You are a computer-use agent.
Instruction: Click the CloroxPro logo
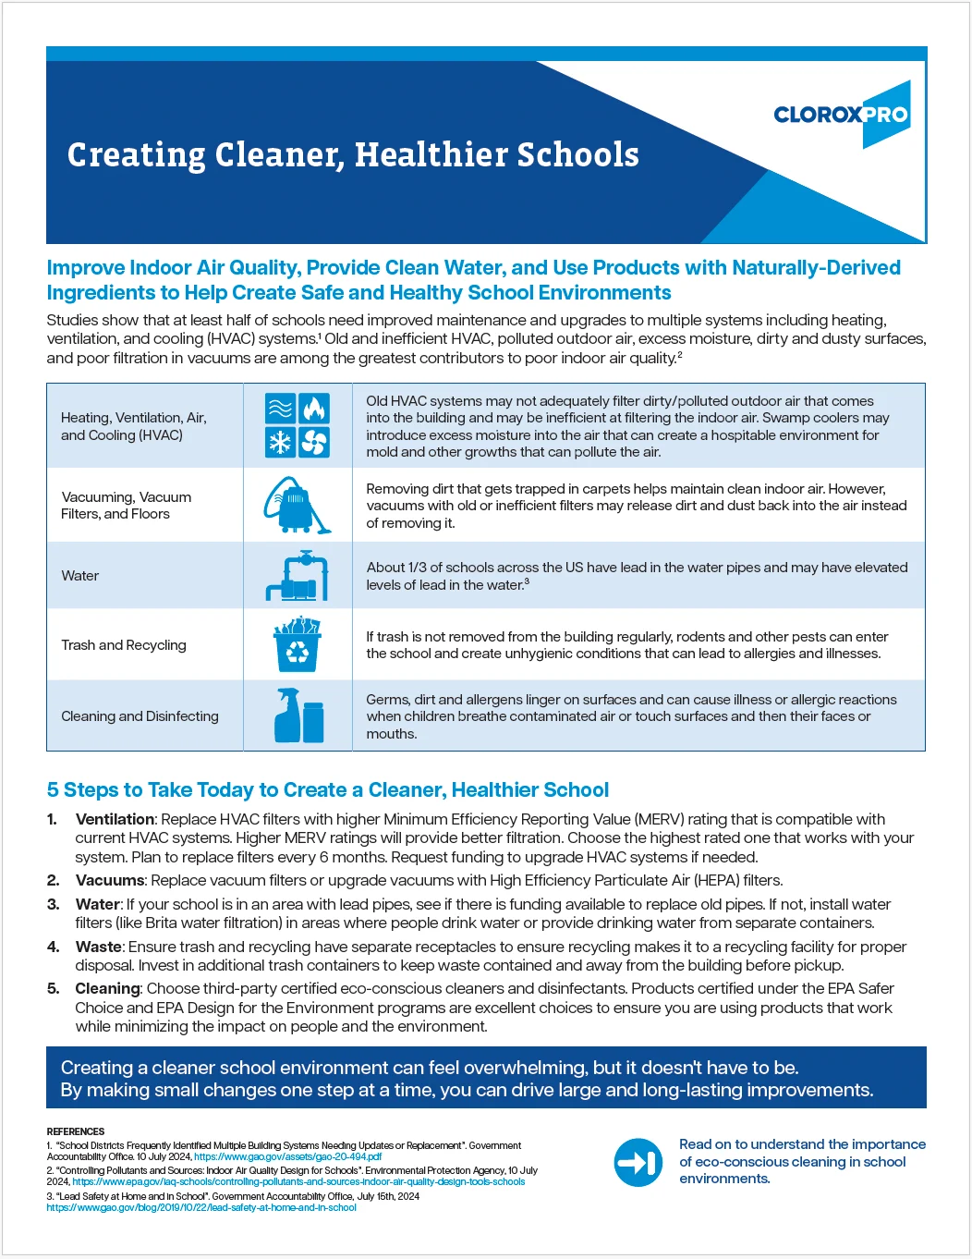(842, 115)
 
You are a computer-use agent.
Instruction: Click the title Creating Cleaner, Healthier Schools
(353, 154)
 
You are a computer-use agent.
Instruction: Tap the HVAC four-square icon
(297, 425)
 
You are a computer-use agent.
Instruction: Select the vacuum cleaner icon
(297, 505)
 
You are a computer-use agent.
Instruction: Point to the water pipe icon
(297, 575)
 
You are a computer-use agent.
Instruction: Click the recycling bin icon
(297, 644)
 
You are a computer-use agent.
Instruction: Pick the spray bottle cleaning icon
(298, 715)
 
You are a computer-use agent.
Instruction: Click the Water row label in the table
(80, 576)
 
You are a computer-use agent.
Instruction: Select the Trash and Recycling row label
(124, 645)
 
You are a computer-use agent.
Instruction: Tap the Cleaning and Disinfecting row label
(140, 716)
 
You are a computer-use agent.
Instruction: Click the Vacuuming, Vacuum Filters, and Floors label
(126, 506)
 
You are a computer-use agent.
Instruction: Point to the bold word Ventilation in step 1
(115, 819)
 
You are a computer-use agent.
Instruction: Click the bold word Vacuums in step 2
(110, 880)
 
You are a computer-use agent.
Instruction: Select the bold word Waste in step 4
(98, 947)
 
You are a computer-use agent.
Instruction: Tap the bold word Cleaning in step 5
(107, 988)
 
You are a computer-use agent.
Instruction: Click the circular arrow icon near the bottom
(638, 1162)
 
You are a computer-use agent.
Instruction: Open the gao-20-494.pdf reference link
(287, 1156)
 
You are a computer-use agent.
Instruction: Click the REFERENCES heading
(76, 1131)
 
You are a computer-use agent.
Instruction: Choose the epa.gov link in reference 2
(298, 1181)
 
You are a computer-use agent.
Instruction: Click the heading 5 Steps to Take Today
(327, 790)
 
